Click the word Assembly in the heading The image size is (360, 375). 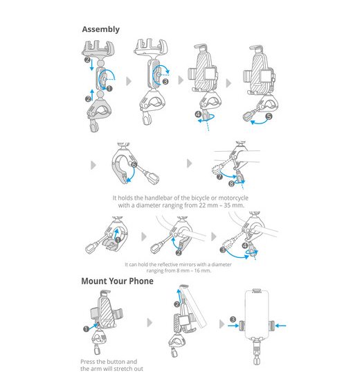[x=100, y=29]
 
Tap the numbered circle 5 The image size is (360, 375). [x=269, y=116]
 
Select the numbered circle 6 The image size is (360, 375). [x=134, y=164]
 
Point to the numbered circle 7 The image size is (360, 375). [x=219, y=177]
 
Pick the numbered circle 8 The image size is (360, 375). [x=231, y=184]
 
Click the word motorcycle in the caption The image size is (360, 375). [x=233, y=198]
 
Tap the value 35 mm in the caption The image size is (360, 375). [x=233, y=205]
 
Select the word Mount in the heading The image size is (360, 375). [x=94, y=281]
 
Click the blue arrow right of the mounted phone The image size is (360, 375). [x=280, y=326]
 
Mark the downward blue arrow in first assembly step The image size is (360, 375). [x=92, y=65]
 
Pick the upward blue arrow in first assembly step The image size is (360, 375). [x=92, y=95]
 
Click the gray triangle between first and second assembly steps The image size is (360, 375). [x=129, y=81]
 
